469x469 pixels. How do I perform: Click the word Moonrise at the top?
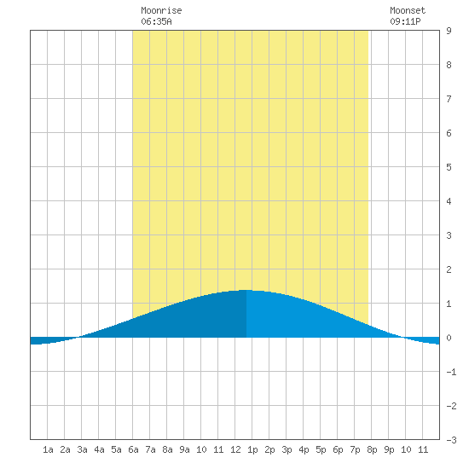tap(161, 10)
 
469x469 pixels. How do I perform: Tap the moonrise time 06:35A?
tap(156, 21)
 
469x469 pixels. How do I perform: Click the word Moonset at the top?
tap(408, 10)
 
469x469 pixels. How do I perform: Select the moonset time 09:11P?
tap(405, 21)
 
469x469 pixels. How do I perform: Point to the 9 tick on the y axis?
tap(449, 31)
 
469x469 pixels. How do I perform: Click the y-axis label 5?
tap(449, 167)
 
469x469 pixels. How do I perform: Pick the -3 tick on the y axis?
tap(451, 440)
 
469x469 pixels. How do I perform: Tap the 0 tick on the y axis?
tap(449, 338)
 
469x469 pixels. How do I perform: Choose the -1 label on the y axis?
tap(451, 372)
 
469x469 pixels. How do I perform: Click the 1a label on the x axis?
tap(48, 449)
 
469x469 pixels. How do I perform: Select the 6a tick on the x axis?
tap(133, 449)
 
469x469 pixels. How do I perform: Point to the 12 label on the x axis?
tap(235, 449)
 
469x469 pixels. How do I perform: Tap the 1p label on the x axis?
tap(252, 449)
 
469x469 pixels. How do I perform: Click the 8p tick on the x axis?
tap(372, 449)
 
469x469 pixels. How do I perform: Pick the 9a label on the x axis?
tap(184, 449)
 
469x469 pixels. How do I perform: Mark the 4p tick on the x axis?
tap(304, 449)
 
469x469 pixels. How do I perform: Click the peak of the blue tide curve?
tap(246, 290)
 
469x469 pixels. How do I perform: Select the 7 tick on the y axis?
tap(449, 99)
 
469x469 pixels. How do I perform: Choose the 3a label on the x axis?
tap(82, 449)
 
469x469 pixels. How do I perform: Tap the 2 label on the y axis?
tap(449, 269)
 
